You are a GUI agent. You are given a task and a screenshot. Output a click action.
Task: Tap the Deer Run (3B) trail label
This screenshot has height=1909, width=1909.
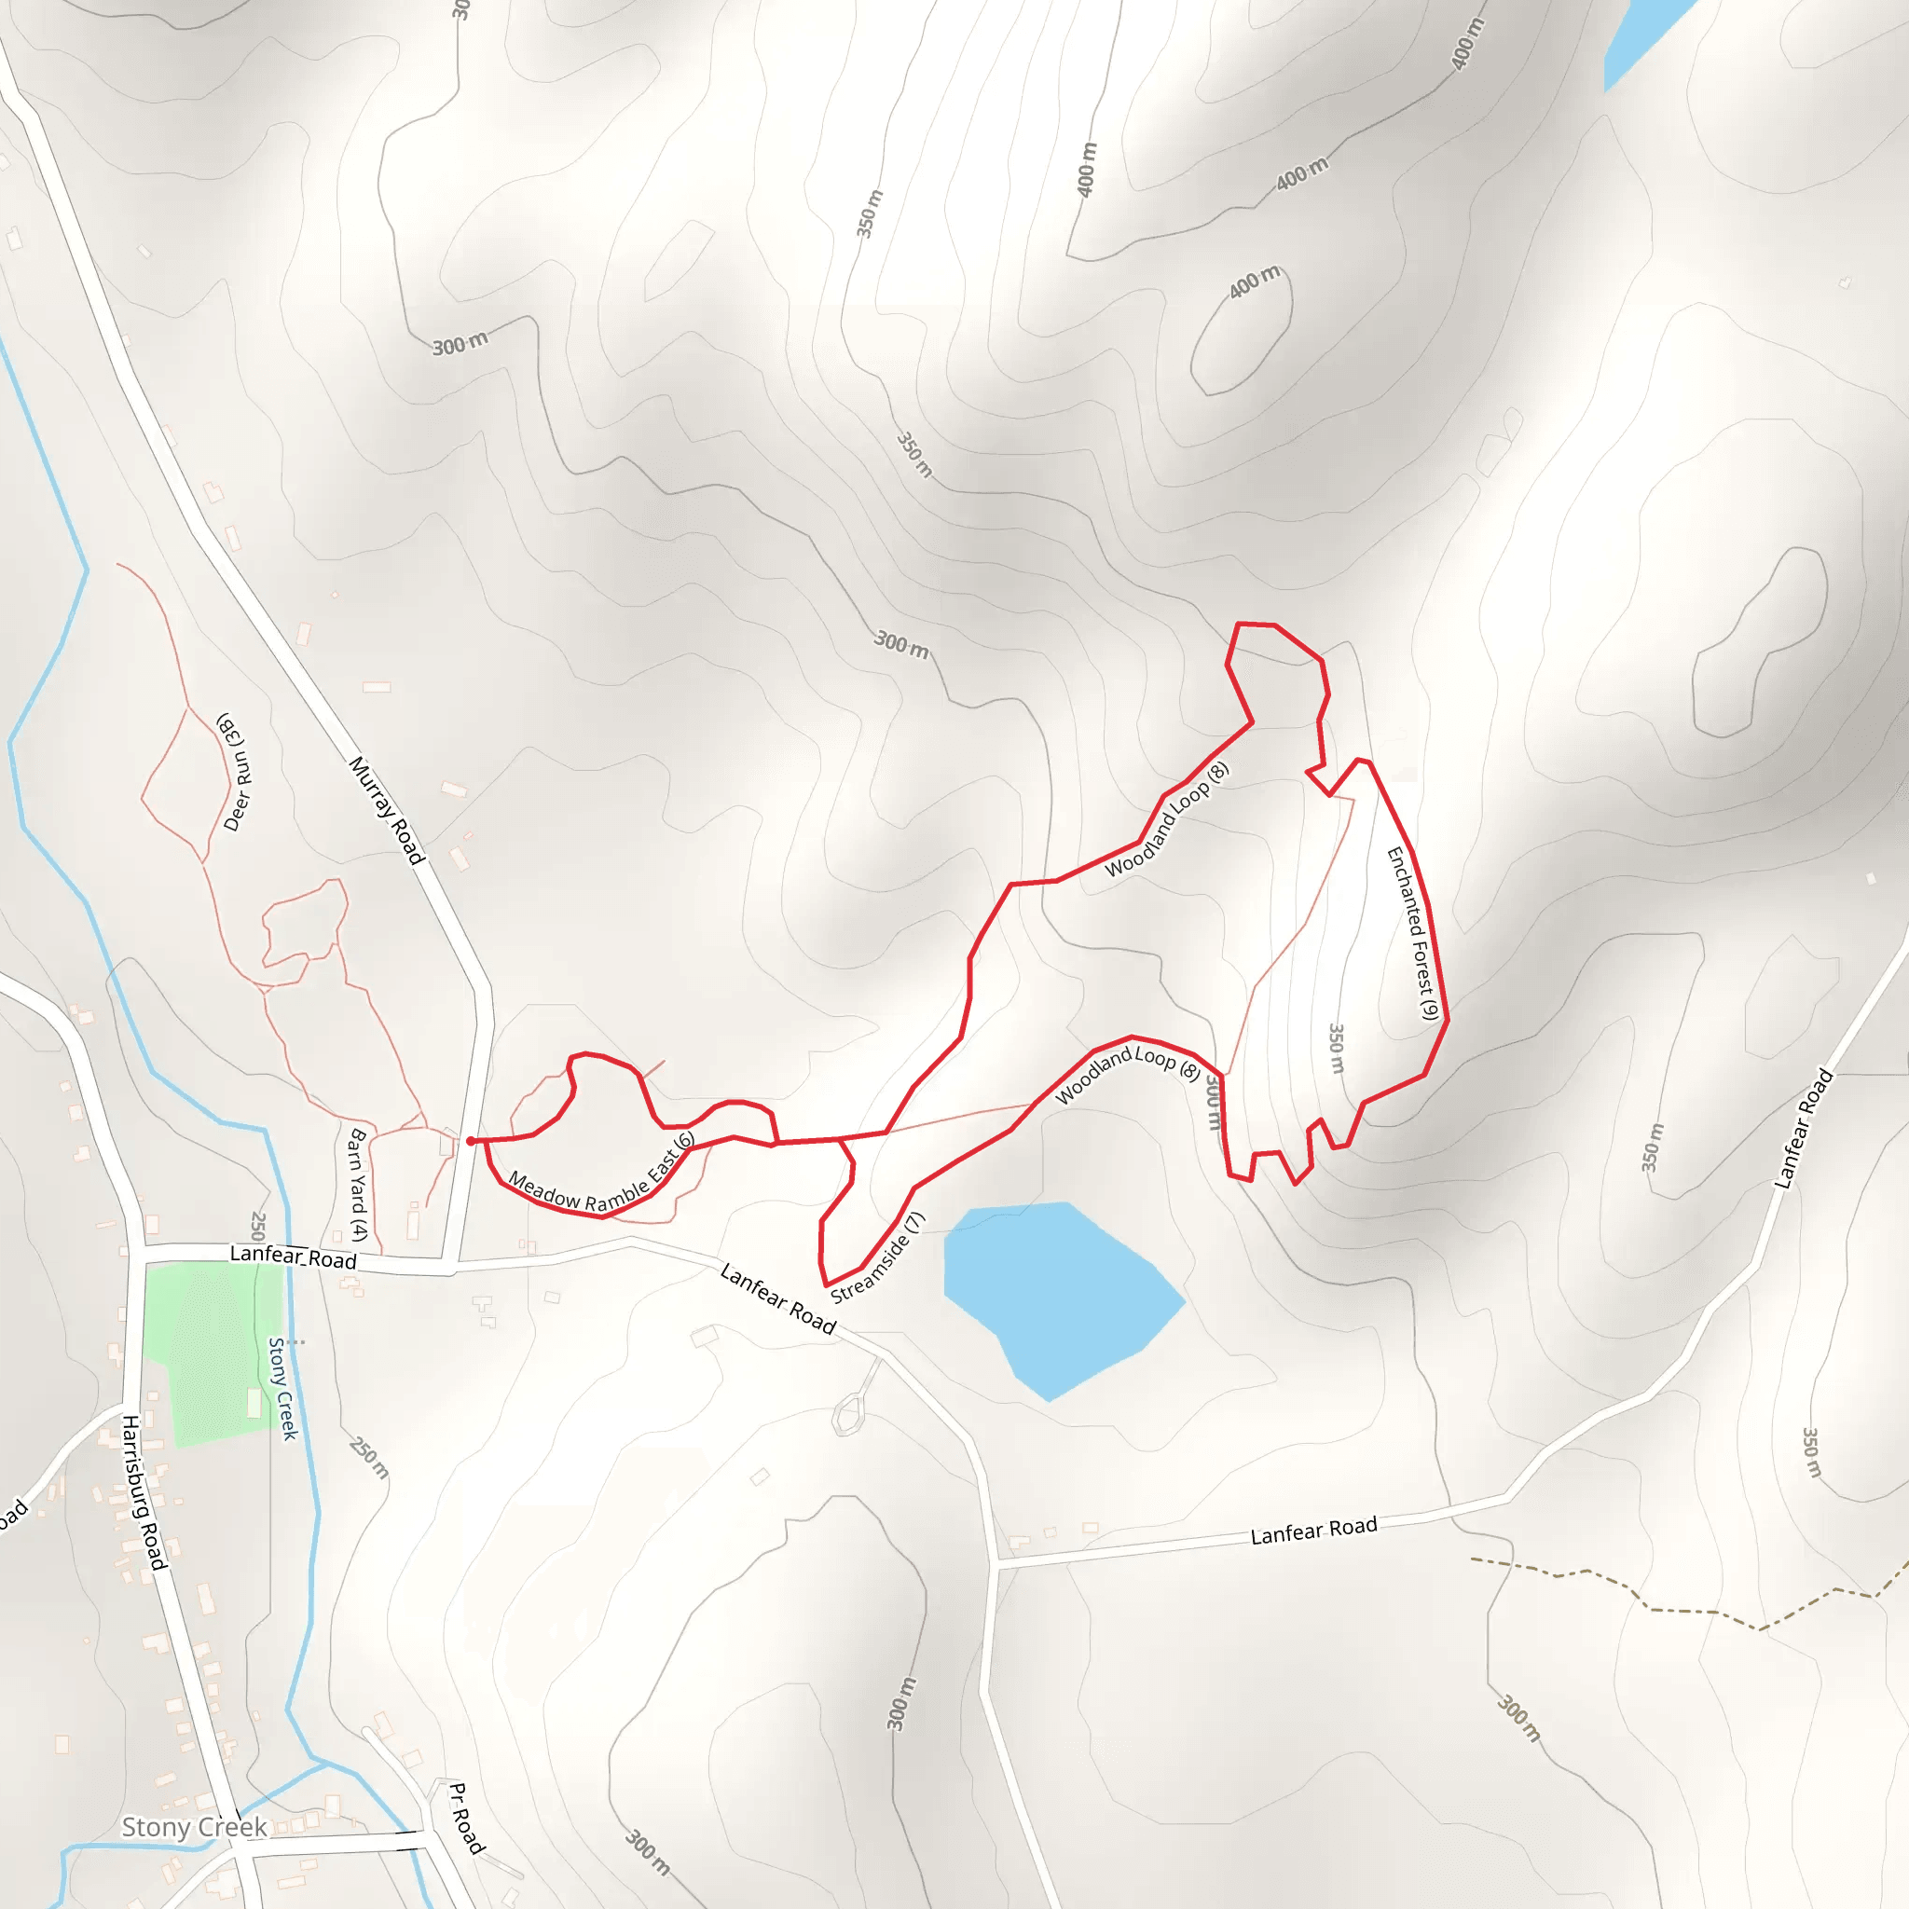[235, 772]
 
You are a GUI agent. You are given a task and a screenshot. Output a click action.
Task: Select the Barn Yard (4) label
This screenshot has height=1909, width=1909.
[356, 1186]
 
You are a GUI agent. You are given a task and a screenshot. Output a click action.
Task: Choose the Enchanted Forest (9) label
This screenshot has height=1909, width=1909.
[1412, 933]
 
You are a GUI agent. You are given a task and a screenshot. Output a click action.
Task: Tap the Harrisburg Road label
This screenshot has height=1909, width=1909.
[144, 1493]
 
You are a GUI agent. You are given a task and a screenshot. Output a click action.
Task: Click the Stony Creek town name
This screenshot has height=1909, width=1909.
[194, 1827]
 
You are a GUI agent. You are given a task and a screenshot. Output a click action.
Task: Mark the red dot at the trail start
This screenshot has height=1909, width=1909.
[471, 1141]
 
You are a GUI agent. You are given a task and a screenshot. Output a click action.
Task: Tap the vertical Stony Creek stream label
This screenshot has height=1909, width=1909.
[283, 1388]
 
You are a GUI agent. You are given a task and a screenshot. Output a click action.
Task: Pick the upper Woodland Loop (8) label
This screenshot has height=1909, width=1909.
[1167, 819]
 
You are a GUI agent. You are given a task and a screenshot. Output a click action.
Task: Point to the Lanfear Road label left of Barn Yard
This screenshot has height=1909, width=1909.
[293, 1257]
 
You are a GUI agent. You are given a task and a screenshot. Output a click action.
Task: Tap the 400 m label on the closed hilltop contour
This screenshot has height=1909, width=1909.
[1255, 282]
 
